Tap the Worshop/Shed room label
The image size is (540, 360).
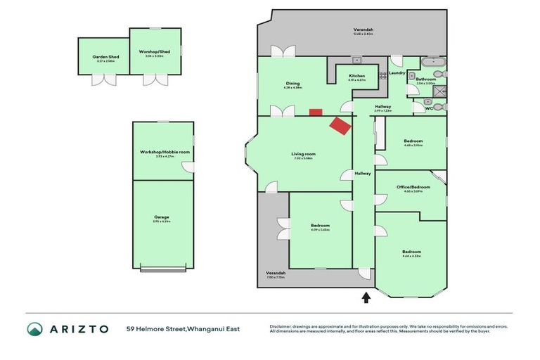(x=155, y=51)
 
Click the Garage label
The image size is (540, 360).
(x=162, y=217)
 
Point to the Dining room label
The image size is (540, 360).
(x=292, y=83)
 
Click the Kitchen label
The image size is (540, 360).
(x=356, y=76)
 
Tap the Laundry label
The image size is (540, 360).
(x=396, y=72)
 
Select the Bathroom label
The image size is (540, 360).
(x=425, y=79)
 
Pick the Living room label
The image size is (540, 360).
(x=304, y=154)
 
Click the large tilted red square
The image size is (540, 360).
(x=342, y=127)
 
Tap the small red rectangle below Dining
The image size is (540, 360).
(x=316, y=112)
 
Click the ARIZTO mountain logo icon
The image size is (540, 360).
(x=34, y=328)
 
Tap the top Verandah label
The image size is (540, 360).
(x=363, y=30)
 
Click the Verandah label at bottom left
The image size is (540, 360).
(x=275, y=273)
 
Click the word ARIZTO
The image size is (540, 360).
(x=78, y=328)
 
